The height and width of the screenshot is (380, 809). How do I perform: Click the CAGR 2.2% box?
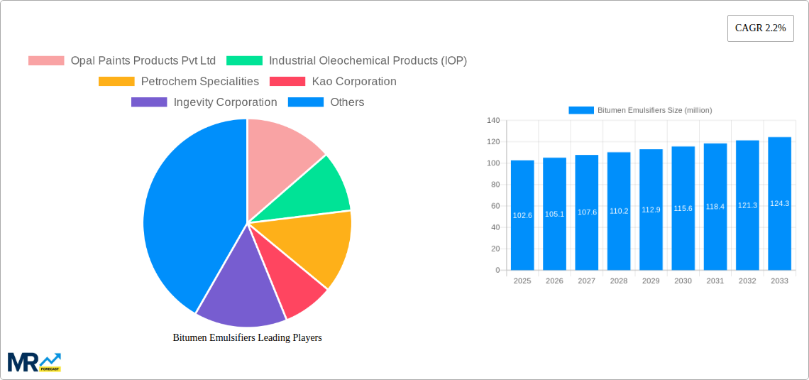(760, 28)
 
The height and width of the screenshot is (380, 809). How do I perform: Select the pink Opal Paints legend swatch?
(46, 61)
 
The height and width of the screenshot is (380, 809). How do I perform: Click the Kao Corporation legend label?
(354, 82)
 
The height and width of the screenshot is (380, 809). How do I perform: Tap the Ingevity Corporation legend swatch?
(149, 102)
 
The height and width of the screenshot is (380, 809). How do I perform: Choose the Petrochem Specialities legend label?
(200, 82)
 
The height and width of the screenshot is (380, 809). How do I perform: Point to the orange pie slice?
(316, 245)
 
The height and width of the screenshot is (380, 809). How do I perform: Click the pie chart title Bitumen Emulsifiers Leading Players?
(247, 337)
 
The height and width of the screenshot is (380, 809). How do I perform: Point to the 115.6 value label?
(683, 208)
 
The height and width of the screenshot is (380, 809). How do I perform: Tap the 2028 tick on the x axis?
(619, 281)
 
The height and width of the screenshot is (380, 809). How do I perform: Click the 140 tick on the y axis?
(493, 121)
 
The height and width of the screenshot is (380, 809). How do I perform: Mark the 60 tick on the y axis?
(495, 206)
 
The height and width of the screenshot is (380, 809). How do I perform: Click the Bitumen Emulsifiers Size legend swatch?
(581, 110)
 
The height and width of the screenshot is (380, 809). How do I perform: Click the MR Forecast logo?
(34, 362)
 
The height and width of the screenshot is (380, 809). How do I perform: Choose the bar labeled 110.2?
(619, 211)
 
